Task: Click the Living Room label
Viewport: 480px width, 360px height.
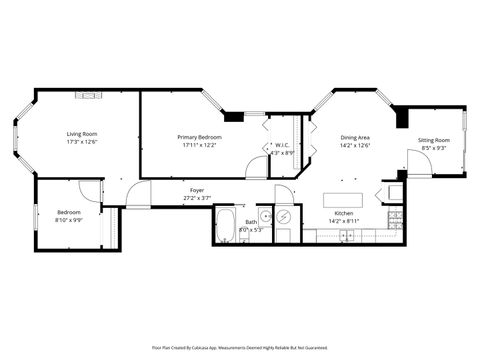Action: [81, 134]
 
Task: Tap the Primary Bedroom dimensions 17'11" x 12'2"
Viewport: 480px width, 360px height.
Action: [200, 145]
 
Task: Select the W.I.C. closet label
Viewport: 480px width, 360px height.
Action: [283, 145]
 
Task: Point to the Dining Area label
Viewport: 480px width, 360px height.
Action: [356, 137]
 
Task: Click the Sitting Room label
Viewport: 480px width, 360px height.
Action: [433, 140]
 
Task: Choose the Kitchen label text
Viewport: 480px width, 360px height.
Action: [343, 212]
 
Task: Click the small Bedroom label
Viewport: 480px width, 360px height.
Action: [68, 212]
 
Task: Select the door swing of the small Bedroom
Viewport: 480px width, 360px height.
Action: [90, 191]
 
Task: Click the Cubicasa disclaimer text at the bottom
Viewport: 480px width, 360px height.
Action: [239, 348]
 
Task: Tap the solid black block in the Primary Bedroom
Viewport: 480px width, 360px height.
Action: [234, 116]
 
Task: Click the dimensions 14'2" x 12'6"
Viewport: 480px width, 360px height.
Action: [356, 145]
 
